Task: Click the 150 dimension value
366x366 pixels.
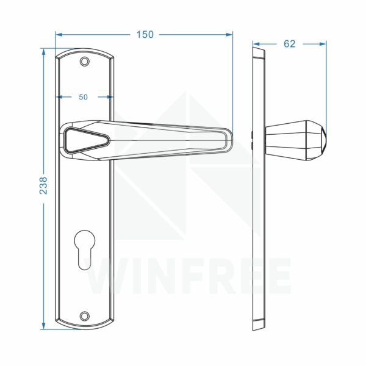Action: pyautogui.click(x=145, y=35)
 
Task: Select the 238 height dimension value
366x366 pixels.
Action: pyautogui.click(x=43, y=185)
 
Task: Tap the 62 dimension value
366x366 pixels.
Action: pyautogui.click(x=289, y=44)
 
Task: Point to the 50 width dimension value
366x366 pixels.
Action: pyautogui.click(x=83, y=97)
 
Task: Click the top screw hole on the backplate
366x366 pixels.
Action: pyautogui.click(x=85, y=62)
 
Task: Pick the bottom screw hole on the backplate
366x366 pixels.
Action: pyautogui.click(x=85, y=316)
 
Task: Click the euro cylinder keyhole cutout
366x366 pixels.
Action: pyautogui.click(x=85, y=250)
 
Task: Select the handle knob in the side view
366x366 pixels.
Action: pyautogui.click(x=296, y=140)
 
